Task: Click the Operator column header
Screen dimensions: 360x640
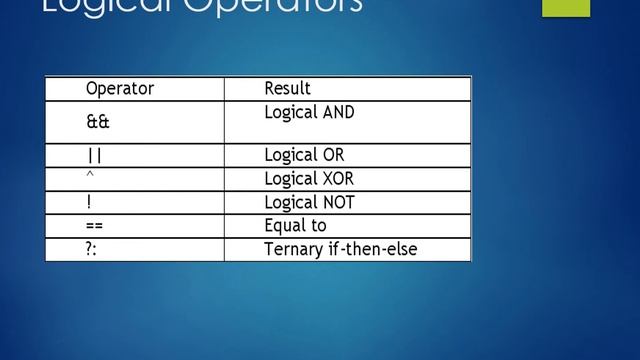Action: click(120, 89)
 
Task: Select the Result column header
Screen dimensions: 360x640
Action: click(287, 89)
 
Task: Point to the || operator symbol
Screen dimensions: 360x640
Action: click(95, 156)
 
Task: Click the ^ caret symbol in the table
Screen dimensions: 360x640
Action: click(89, 176)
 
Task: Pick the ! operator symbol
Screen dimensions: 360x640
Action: click(89, 202)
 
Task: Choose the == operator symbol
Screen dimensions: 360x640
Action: click(95, 226)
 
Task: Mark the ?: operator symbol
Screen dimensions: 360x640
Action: click(92, 249)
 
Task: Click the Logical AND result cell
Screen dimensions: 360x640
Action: click(309, 113)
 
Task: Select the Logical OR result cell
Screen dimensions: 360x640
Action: click(304, 156)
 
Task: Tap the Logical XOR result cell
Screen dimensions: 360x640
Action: click(309, 180)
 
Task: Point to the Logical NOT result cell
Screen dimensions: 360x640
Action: click(309, 203)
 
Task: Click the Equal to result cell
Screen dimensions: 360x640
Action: click(295, 226)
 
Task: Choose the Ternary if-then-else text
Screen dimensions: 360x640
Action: click(340, 249)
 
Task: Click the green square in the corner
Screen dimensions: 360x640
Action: click(566, 8)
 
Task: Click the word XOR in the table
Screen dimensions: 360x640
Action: click(336, 180)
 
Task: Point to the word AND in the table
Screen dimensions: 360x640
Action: click(337, 113)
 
